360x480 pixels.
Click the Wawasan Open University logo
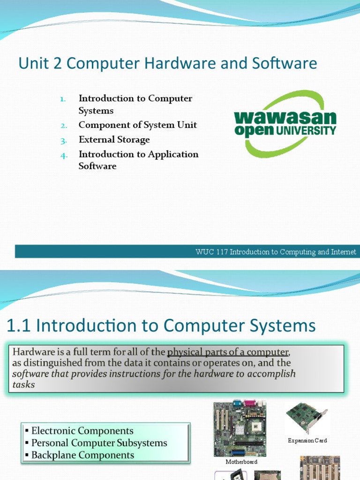pyautogui.click(x=285, y=123)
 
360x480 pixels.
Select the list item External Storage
pyautogui.click(x=114, y=140)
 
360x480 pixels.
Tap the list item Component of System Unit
pyautogui.click(x=138, y=125)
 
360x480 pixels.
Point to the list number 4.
pyautogui.click(x=64, y=155)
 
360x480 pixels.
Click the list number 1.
pyautogui.click(x=63, y=99)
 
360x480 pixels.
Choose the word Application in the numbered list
pyautogui.click(x=173, y=154)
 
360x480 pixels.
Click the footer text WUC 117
pyautogui.click(x=211, y=252)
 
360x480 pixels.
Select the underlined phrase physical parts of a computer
pyautogui.click(x=228, y=352)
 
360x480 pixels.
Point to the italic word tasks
pyautogui.click(x=23, y=385)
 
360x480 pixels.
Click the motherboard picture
pyautogui.click(x=240, y=428)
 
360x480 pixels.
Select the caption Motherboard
pyautogui.click(x=241, y=462)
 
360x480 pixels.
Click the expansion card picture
pyautogui.click(x=307, y=417)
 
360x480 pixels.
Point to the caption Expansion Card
pyautogui.click(x=307, y=441)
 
